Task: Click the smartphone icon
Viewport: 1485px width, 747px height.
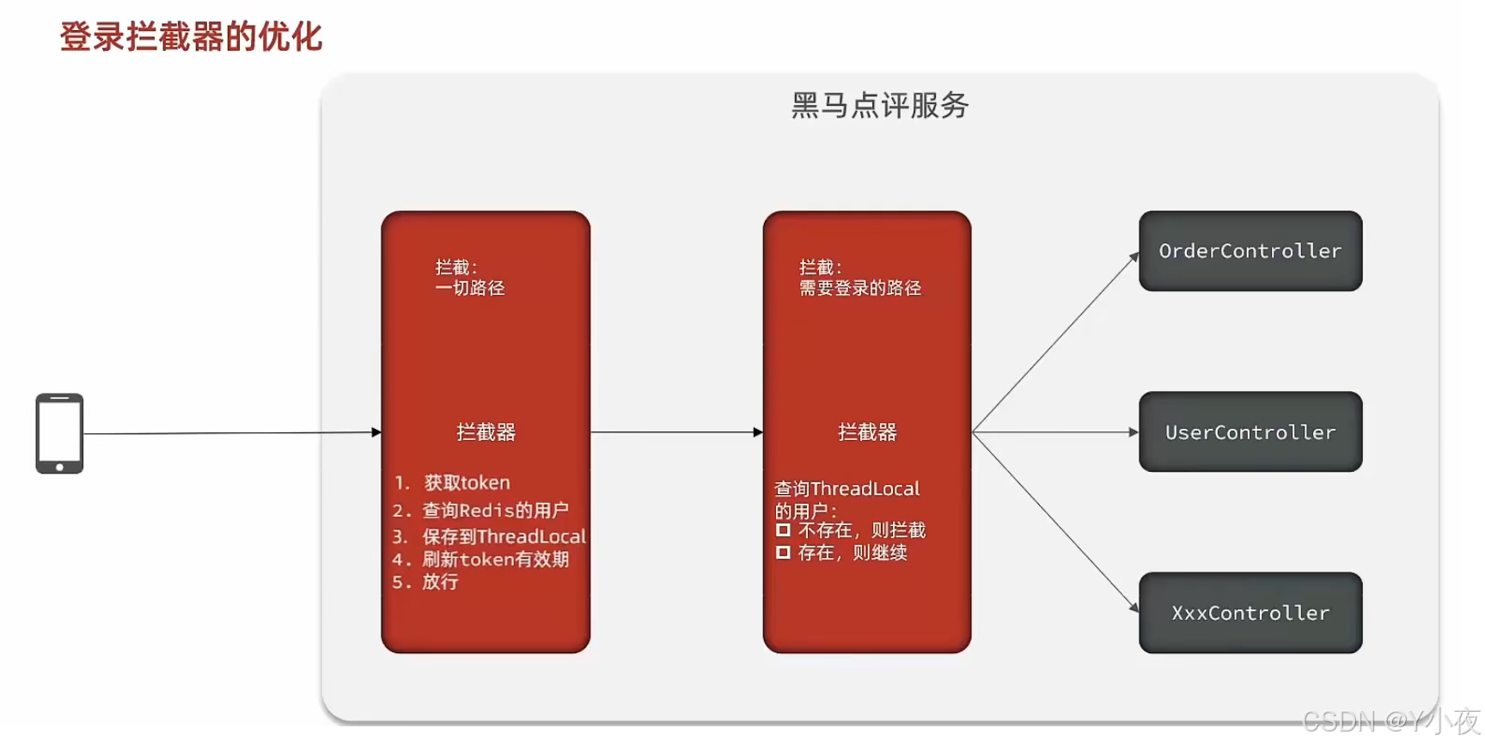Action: (x=59, y=433)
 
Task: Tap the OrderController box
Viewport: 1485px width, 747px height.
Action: (x=1250, y=251)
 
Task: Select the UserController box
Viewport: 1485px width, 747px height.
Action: (x=1250, y=432)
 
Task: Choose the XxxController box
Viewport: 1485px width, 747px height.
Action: (x=1250, y=613)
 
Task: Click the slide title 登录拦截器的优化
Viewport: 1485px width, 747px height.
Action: (x=191, y=37)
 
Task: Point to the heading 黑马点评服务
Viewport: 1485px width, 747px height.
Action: (x=879, y=106)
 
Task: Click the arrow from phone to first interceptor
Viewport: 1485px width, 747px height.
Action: (x=232, y=433)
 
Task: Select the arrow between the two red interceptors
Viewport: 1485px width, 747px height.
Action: (x=676, y=432)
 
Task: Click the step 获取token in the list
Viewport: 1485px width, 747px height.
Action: (x=467, y=483)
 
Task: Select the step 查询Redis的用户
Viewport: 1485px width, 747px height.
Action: (x=495, y=511)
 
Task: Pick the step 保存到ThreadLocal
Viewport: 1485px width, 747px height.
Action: (x=504, y=537)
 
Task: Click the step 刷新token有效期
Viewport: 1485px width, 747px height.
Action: (x=495, y=560)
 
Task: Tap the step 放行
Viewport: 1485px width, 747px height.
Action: (x=440, y=582)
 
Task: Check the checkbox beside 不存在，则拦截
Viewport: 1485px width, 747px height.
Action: (x=783, y=530)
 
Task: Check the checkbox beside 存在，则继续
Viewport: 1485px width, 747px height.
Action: (x=783, y=553)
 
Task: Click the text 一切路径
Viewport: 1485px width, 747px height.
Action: (x=470, y=288)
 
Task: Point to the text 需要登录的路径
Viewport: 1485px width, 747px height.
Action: (x=860, y=288)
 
